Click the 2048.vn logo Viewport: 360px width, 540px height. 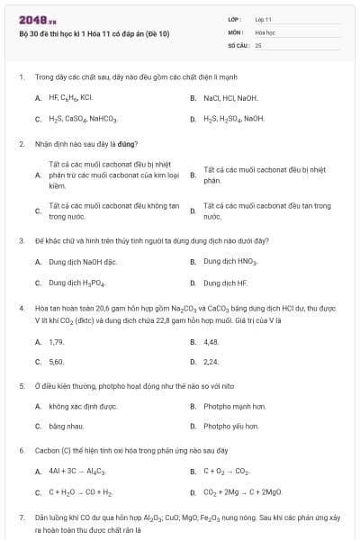pos(31,19)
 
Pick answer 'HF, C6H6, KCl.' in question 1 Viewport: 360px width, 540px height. pos(71,97)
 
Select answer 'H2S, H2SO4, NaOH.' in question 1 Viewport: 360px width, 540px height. pos(234,119)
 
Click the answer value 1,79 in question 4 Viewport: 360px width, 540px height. pos(57,342)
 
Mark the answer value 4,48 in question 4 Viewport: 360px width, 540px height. pos(211,342)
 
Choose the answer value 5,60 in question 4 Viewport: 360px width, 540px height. pos(57,362)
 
